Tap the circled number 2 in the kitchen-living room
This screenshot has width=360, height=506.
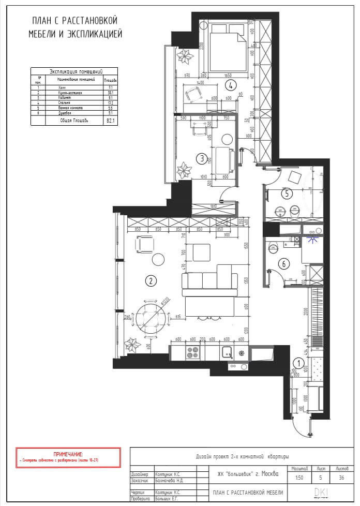pos(150,281)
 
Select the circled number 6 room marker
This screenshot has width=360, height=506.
pos(282,263)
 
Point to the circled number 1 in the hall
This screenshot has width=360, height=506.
pos(298,363)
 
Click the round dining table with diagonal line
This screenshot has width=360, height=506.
pos(151,319)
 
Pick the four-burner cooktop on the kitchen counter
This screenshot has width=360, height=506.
pos(192,353)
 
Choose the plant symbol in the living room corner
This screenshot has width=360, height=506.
pos(133,345)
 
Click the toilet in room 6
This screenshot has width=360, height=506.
pos(273,248)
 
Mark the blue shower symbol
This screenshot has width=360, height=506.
pos(311,239)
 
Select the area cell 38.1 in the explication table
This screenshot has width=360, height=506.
pos(110,93)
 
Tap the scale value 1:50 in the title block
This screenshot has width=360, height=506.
pos(299,478)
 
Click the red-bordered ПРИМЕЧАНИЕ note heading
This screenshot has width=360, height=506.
pos(68,453)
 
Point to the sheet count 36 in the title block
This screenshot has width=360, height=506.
pos(341,478)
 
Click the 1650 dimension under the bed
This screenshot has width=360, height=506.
pos(228,76)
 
